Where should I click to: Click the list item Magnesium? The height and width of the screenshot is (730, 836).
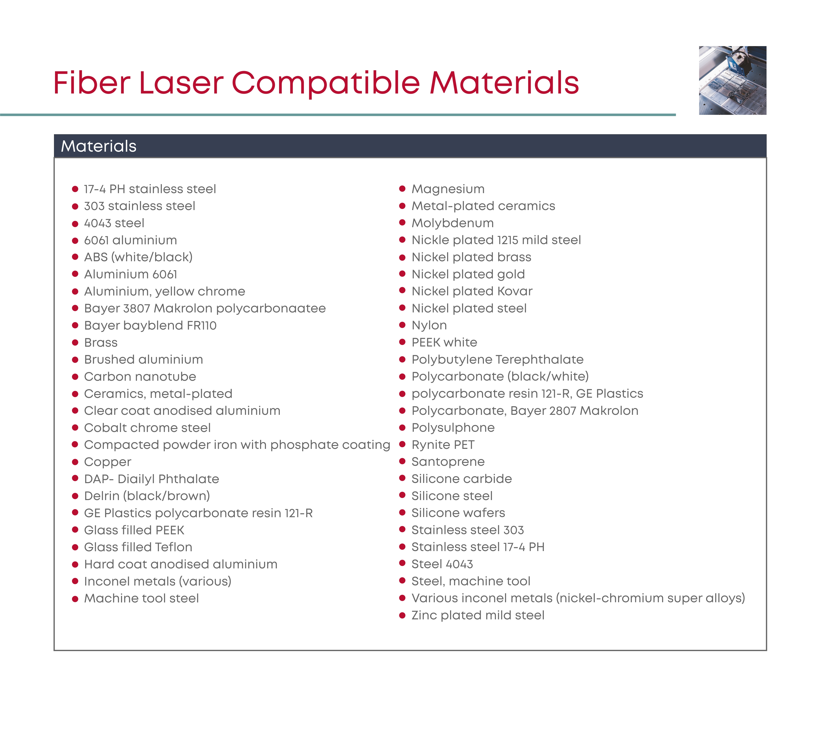[448, 189]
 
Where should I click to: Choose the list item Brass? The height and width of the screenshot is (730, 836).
[101, 343]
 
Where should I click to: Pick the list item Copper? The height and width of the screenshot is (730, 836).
[107, 462]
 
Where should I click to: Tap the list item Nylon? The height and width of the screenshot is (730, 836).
[429, 326]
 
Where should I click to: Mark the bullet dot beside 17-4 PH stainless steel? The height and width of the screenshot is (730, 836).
[75, 189]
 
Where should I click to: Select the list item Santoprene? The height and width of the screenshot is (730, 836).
[448, 462]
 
